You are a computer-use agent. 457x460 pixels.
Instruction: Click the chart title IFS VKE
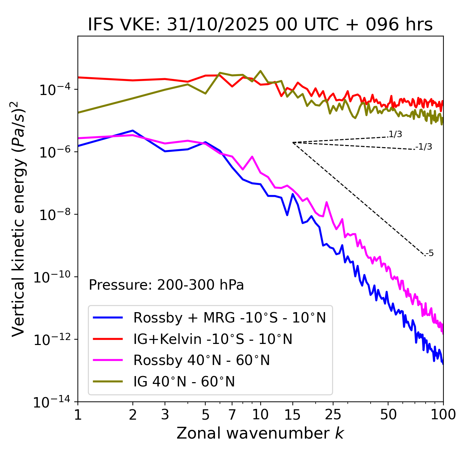260,25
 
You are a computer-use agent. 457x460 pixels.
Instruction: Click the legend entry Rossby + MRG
229,317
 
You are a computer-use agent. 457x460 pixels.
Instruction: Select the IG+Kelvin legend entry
213,339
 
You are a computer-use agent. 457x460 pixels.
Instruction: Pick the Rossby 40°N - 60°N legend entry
201,360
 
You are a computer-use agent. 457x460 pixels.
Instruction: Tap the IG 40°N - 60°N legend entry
184,382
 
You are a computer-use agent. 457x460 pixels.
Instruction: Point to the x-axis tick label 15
292,414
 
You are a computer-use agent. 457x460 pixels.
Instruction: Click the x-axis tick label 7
232,414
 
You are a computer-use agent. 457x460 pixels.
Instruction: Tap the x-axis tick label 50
388,414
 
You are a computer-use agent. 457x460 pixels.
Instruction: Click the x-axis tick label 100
443,414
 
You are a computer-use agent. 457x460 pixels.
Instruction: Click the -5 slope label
430,254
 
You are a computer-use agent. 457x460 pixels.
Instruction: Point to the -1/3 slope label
424,147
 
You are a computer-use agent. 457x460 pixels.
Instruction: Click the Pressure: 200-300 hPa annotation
166,285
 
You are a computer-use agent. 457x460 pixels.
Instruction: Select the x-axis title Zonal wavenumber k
260,433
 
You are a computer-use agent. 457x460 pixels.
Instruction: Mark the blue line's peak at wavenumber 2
133,130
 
